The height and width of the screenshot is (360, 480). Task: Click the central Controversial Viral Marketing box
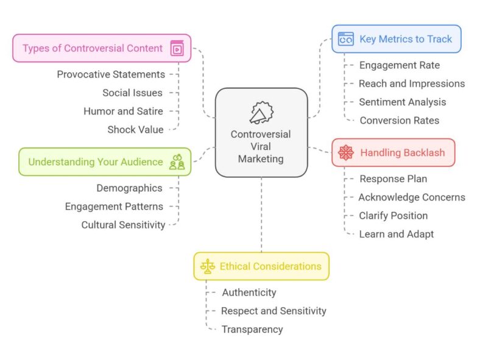point(261,133)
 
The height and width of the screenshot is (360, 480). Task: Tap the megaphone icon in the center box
point(261,113)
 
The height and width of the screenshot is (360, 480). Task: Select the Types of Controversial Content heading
point(93,48)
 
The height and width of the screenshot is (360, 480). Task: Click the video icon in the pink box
point(177,48)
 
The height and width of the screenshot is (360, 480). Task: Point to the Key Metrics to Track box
point(396,39)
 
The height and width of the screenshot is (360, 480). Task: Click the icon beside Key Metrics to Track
point(346,39)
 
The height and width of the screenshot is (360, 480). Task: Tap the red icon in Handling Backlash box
point(346,152)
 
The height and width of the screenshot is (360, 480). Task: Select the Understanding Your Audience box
point(96,162)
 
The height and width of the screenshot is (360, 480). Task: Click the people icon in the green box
point(177,162)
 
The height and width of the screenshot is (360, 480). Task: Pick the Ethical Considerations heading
point(270,266)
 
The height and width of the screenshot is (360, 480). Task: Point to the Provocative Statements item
point(111,74)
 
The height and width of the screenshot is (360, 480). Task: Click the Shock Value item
point(135,129)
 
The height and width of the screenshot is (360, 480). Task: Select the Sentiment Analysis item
point(402,102)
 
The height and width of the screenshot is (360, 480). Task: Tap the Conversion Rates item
point(399,120)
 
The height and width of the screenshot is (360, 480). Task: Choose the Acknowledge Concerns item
point(411,197)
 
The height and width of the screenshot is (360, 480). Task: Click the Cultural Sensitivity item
point(123,225)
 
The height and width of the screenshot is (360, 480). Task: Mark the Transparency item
point(252,329)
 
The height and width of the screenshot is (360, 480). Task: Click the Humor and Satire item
point(123,111)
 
